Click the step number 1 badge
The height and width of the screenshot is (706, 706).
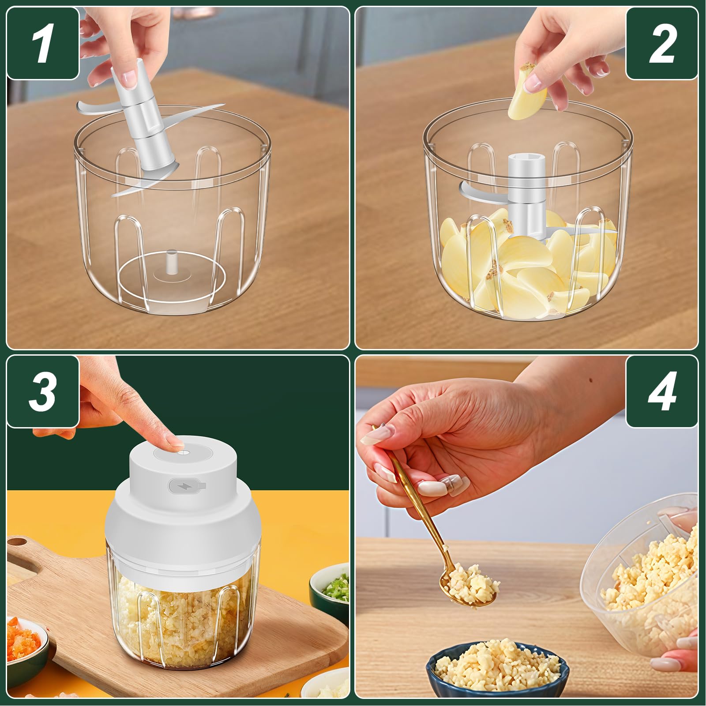[43, 43]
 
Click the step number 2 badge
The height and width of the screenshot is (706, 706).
[662, 43]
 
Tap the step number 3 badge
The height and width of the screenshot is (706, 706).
[43, 391]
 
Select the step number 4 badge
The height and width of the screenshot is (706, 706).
[662, 391]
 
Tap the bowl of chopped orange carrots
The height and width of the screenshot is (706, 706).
[26, 642]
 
